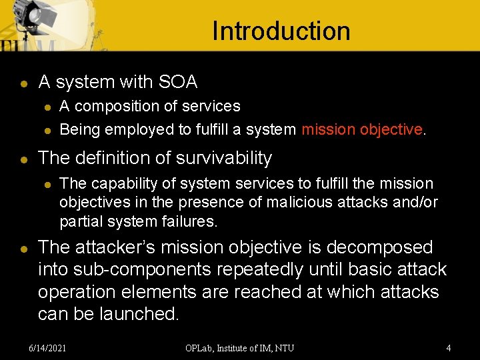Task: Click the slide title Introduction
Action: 281,31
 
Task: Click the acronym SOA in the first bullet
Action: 178,82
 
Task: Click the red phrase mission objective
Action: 362,129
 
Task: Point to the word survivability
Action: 222,158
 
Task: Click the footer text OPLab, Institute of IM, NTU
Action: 240,347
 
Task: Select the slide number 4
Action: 449,347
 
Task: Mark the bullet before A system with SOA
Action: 23,83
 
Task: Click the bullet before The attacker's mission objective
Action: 23,249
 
